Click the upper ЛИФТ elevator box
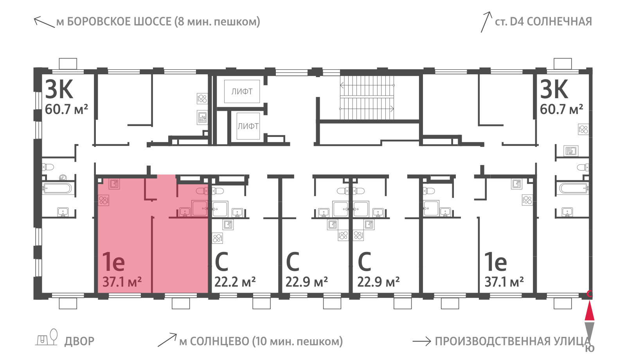(x=242, y=92)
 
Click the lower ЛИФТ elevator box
(x=248, y=126)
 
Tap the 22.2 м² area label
(x=235, y=282)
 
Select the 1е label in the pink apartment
(x=113, y=261)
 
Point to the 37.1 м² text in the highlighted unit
(x=122, y=282)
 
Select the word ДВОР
(x=79, y=341)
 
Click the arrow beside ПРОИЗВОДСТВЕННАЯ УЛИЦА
(x=422, y=342)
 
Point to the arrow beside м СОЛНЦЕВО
(x=167, y=340)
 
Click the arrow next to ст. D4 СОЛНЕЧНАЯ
(x=486, y=22)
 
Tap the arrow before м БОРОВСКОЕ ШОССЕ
(x=44, y=22)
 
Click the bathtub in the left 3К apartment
(x=58, y=188)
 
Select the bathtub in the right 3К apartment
(x=573, y=188)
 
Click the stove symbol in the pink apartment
(x=103, y=200)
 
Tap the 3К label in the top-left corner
(x=59, y=89)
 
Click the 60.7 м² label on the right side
(x=561, y=109)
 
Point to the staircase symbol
(x=367, y=97)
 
